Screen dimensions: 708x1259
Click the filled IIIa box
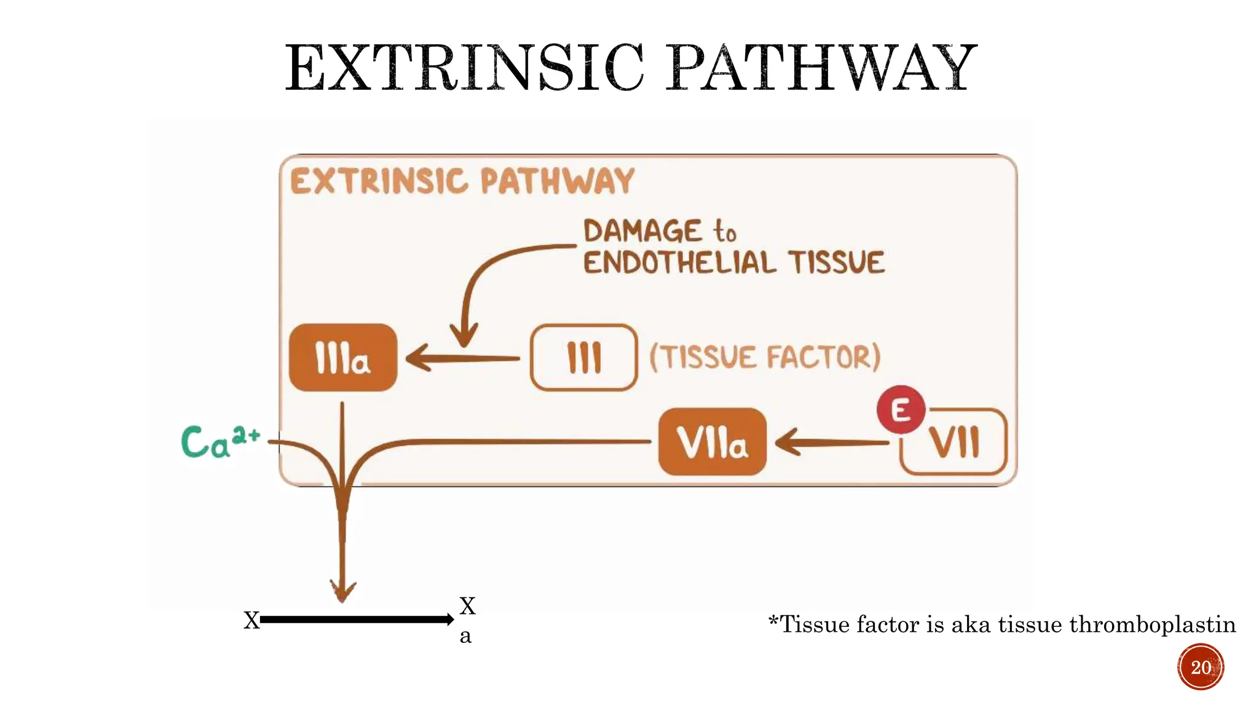point(342,358)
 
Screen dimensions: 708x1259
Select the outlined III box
point(583,358)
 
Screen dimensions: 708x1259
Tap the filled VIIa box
point(712,442)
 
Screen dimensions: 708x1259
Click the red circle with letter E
point(901,410)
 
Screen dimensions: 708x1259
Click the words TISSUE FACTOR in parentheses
point(765,358)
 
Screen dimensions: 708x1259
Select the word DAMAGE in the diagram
point(642,232)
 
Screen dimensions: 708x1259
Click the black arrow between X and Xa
point(357,619)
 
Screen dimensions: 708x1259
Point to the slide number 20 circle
point(1200,667)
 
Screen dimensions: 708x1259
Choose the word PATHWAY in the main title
point(823,68)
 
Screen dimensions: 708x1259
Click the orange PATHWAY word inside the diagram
point(556,181)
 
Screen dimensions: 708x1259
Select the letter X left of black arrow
point(251,620)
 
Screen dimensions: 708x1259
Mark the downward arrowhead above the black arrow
point(342,590)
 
